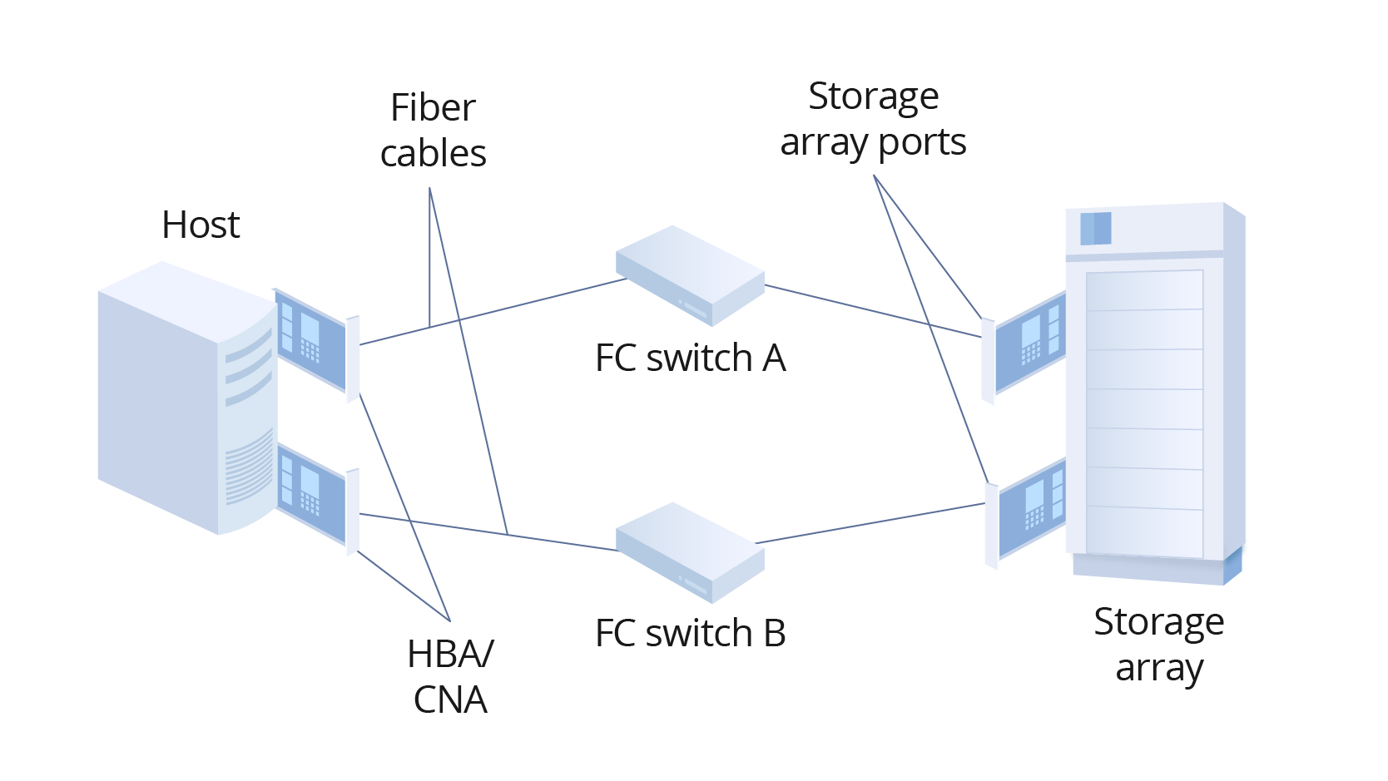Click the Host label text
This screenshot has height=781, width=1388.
tap(201, 225)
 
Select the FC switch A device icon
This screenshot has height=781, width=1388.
tap(690, 275)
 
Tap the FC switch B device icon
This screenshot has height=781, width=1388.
tap(690, 551)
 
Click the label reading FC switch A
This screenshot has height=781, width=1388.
tap(690, 358)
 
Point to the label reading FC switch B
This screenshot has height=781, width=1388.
tap(690, 634)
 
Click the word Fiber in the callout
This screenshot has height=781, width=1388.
tap(433, 108)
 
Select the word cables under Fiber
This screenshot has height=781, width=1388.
tap(433, 154)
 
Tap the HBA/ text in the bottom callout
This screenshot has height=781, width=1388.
tap(450, 655)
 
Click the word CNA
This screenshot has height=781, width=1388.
tap(450, 700)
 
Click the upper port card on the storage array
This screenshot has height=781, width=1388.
tap(1030, 343)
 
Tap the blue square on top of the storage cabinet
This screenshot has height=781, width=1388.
tap(1095, 228)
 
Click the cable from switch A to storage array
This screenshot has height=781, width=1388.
tap(874, 311)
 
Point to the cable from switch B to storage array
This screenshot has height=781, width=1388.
tap(874, 522)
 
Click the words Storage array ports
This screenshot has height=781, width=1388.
tap(873, 119)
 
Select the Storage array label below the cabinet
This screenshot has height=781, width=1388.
tap(1158, 645)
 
